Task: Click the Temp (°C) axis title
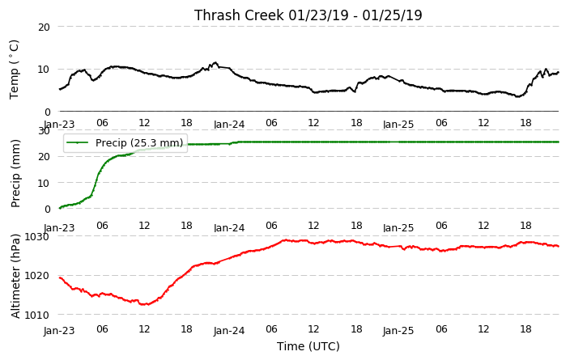(x=14, y=69)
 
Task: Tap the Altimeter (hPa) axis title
(x=15, y=276)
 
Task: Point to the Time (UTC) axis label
(x=308, y=346)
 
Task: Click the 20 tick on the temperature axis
(x=44, y=27)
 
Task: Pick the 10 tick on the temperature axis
(x=44, y=70)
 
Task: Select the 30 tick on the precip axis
(x=44, y=131)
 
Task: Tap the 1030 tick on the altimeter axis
(x=36, y=237)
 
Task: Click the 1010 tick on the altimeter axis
(x=36, y=315)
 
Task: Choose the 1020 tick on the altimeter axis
(x=36, y=276)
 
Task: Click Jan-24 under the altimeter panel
(x=229, y=331)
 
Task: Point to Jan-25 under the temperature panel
(x=398, y=125)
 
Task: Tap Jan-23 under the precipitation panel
(x=59, y=228)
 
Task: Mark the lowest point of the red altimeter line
(x=144, y=304)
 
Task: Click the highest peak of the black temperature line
(x=215, y=63)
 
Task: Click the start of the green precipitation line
(x=60, y=208)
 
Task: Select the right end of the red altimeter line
(x=559, y=246)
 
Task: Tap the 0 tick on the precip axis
(x=47, y=210)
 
